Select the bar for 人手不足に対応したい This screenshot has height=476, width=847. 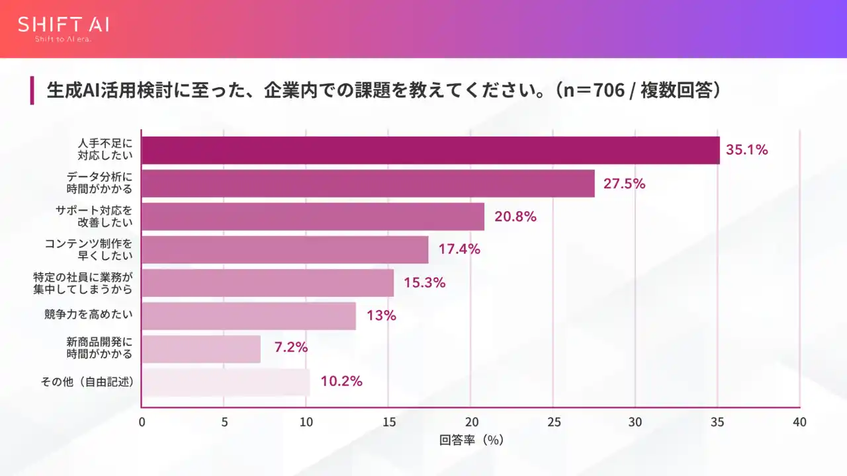pos(431,150)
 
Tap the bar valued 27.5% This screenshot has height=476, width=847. pos(368,184)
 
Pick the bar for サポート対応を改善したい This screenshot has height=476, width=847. pos(313,217)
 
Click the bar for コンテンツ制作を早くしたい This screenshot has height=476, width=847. pos(285,250)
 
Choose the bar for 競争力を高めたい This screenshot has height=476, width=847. pos(249,316)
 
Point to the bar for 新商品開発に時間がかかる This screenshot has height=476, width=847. pos(201,349)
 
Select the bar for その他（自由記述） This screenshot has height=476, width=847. pos(226,382)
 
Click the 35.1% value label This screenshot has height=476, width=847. pos(746,150)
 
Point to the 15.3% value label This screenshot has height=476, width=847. pos(424,283)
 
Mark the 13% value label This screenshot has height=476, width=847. pos(381,316)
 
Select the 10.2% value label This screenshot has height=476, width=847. pos(341,381)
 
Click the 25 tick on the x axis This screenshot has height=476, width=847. pos(553,422)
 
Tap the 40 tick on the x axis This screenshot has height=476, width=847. pos(799,422)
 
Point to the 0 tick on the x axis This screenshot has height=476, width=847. pos(142,422)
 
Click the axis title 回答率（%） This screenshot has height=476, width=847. pos(471,440)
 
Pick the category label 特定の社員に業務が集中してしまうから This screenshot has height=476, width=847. pos(83,283)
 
